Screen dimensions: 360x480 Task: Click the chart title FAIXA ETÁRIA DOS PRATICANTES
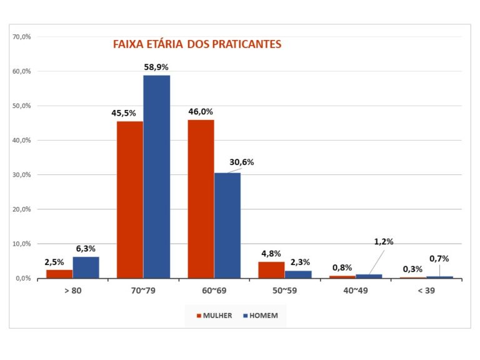[197, 44]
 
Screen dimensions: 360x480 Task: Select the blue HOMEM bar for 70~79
[156, 176]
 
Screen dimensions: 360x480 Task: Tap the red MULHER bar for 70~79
[129, 199]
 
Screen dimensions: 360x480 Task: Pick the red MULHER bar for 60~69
[201, 199]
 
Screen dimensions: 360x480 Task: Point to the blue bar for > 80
[86, 267]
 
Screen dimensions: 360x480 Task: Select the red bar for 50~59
[271, 270]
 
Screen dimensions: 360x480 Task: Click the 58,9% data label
[156, 67]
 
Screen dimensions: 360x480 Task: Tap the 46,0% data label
[201, 111]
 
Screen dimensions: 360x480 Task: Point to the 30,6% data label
[242, 162]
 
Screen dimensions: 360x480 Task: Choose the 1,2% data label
[384, 242]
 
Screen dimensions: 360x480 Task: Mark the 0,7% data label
[439, 258]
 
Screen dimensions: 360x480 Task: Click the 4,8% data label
[271, 254]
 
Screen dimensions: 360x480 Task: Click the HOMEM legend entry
[263, 316]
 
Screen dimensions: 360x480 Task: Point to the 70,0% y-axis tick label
[22, 37]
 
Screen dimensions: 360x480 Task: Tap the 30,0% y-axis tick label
[22, 175]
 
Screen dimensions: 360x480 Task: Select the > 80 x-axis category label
[72, 291]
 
